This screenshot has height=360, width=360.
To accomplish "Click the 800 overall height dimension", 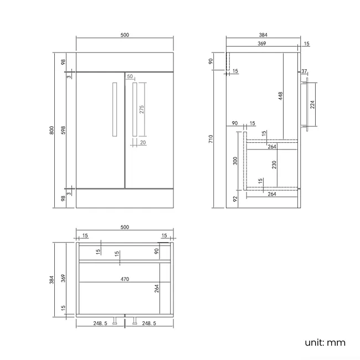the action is click(x=52, y=130).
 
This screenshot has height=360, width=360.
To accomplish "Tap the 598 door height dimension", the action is click(x=63, y=130).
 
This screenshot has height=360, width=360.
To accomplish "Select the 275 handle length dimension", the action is click(x=142, y=109).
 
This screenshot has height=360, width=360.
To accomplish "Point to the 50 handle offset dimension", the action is click(x=130, y=76).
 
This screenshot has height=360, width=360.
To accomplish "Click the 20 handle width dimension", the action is click(x=143, y=142).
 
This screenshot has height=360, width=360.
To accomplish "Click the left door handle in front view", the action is click(x=115, y=110).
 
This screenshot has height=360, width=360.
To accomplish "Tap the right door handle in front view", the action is click(x=135, y=110).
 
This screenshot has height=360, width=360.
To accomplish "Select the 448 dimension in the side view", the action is click(x=280, y=96).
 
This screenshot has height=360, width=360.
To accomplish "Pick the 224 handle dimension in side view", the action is click(x=312, y=105).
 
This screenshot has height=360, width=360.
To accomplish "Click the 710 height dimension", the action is click(x=210, y=139).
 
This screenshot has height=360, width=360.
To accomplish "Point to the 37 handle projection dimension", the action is click(x=304, y=71).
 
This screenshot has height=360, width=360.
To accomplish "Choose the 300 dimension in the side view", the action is click(x=235, y=161).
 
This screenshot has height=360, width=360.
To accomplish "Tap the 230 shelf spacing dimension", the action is click(x=274, y=165).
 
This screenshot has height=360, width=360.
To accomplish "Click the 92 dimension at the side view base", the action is click(x=235, y=199).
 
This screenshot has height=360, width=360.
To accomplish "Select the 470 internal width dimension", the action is click(x=125, y=279).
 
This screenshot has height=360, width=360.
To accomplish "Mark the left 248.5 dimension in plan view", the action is click(x=100, y=323).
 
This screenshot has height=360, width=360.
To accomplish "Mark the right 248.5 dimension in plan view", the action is click(x=149, y=323).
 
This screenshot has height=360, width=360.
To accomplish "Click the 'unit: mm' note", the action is click(x=325, y=342).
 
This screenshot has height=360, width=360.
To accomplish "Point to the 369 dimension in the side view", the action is click(x=262, y=43).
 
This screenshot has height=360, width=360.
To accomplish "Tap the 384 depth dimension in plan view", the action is click(x=52, y=280).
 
